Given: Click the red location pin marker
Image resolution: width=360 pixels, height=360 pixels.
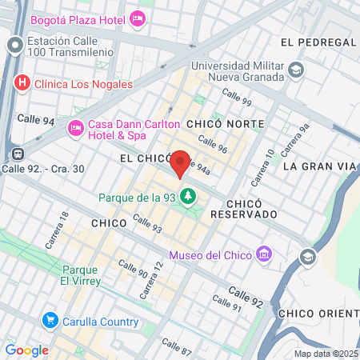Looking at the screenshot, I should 181,163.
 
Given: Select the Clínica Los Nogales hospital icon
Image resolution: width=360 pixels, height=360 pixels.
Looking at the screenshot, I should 22,82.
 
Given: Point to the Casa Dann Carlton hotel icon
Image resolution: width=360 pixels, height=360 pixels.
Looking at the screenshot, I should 76,126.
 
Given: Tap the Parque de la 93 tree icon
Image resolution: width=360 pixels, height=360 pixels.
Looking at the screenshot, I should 189,196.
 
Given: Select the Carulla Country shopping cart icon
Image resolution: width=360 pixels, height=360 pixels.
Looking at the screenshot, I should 50,322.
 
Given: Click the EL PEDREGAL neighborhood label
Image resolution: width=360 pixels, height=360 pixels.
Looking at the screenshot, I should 316,42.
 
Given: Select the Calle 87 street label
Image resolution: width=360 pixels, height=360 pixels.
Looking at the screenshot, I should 177,346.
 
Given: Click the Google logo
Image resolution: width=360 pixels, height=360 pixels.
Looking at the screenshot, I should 26,350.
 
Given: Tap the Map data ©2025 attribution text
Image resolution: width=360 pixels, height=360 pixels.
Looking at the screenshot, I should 326,354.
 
